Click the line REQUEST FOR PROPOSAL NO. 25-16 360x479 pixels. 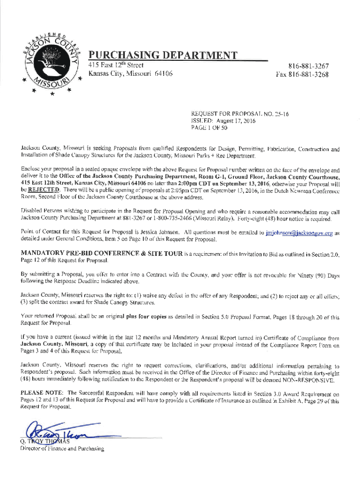pyautogui.click(x=237, y=114)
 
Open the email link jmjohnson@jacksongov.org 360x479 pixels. pyautogui.click(x=299, y=233)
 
